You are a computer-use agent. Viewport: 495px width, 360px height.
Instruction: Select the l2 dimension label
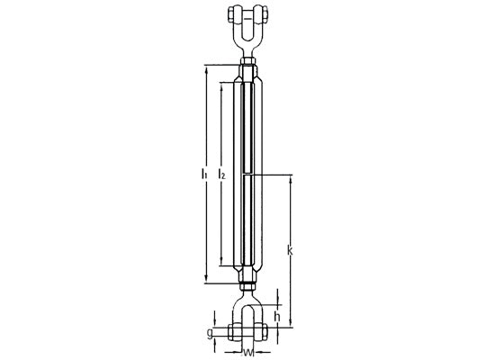coord(221,174)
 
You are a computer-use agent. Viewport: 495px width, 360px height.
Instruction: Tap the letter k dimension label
coord(290,250)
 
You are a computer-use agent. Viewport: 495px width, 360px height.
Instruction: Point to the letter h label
coord(277,317)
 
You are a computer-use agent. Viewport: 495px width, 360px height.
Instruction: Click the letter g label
coord(210,333)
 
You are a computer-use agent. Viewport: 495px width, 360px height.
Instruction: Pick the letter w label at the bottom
coord(248,352)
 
